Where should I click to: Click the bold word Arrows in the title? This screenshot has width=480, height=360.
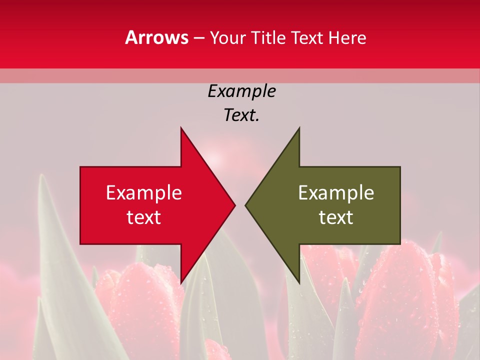click(157, 37)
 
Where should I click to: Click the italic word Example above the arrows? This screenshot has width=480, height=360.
click(241, 91)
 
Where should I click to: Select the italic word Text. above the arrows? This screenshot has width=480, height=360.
click(241, 115)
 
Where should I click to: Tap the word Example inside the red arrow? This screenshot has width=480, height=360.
click(144, 192)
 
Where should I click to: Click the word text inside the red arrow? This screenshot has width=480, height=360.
click(144, 217)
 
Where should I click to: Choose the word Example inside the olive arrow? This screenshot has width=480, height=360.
click(336, 192)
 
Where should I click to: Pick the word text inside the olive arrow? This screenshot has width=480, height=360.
click(336, 217)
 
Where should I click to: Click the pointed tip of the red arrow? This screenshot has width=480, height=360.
click(235, 205)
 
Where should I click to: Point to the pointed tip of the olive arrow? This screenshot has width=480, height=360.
click(245, 205)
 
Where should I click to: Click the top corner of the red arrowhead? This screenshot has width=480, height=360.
click(181, 128)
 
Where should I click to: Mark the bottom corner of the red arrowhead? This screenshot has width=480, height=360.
click(181, 283)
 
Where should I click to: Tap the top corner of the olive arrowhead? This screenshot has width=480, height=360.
click(299, 128)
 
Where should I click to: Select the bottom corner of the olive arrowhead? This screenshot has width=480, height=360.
click(299, 283)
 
